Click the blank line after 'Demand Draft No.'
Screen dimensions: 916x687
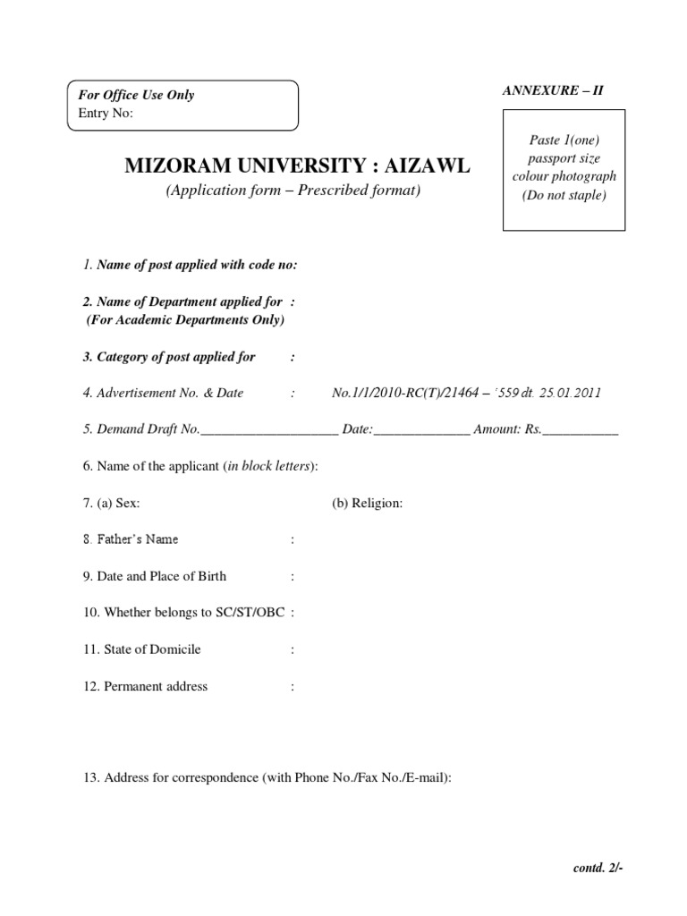[269, 430]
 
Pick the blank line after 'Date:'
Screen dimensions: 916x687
[421, 430]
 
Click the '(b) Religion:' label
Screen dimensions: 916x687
[368, 503]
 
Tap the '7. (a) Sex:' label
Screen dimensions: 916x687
[111, 503]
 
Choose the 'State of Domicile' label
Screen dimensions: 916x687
[151, 649]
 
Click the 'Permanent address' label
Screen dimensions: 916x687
[155, 686]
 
